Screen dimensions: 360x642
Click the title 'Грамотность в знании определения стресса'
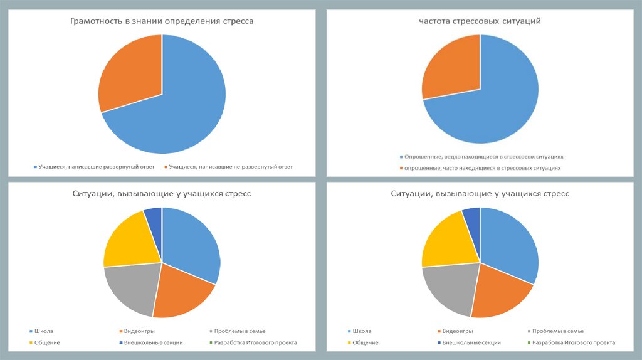[161, 21]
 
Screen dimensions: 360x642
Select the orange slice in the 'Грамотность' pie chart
[129, 72]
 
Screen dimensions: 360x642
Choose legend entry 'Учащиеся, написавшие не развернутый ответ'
[231, 167]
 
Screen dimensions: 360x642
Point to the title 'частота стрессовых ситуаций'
[480, 21]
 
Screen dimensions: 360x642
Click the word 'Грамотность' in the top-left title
[95, 21]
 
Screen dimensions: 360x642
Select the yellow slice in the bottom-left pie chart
[129, 241]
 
